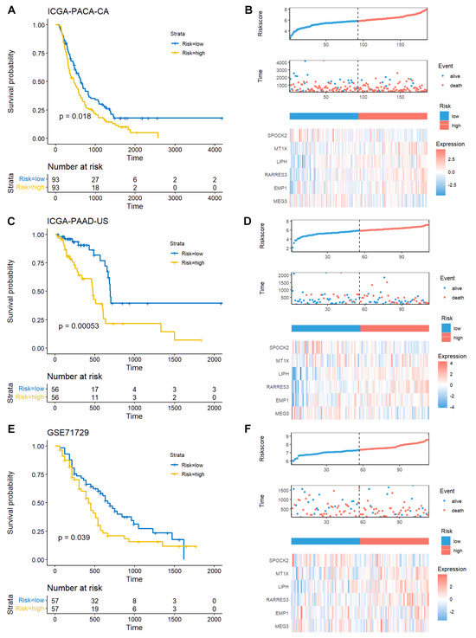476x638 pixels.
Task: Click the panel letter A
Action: click(x=7, y=7)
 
